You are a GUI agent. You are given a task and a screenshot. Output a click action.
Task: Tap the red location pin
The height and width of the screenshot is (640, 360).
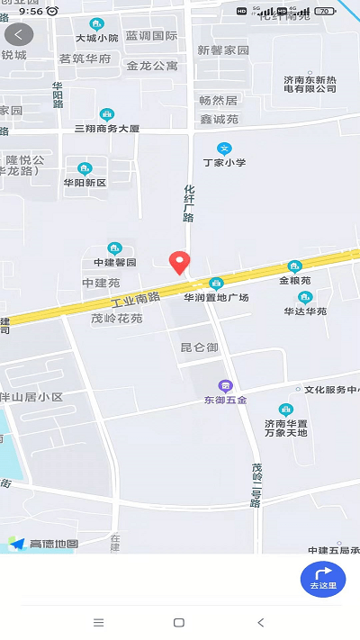coord(180,262)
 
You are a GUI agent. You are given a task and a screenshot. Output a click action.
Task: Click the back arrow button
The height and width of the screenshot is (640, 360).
coord(19,35)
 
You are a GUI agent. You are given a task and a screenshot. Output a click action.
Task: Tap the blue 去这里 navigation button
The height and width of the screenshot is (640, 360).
coord(323,579)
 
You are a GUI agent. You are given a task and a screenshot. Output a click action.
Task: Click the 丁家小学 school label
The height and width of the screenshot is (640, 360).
coord(224,162)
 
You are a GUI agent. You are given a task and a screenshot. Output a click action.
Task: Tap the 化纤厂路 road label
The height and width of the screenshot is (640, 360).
coord(189,203)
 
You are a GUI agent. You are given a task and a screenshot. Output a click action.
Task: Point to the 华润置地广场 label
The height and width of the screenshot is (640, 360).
coord(216,297)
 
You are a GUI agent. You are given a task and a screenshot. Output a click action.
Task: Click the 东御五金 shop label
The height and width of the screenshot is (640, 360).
coord(225,401)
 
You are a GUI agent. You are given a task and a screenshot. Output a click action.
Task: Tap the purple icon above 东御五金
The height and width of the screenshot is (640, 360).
coord(225,385)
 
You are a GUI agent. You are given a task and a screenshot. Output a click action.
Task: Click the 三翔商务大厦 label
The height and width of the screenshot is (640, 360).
coord(107,129)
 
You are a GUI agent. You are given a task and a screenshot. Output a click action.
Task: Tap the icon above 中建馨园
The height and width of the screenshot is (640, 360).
coord(114,248)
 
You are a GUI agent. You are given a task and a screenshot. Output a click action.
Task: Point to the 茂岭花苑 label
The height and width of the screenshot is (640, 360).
coord(117,318)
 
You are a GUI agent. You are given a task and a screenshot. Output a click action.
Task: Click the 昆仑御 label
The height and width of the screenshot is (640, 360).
coord(199,347)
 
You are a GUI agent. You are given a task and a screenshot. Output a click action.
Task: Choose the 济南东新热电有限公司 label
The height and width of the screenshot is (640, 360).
coord(310,84)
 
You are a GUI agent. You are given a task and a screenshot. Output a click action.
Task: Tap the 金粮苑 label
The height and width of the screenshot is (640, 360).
coord(294,280)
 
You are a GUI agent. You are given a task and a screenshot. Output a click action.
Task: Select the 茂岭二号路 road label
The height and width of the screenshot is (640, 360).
coord(256,485)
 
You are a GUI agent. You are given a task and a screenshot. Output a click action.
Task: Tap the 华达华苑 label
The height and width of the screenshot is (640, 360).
coord(305,311)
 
